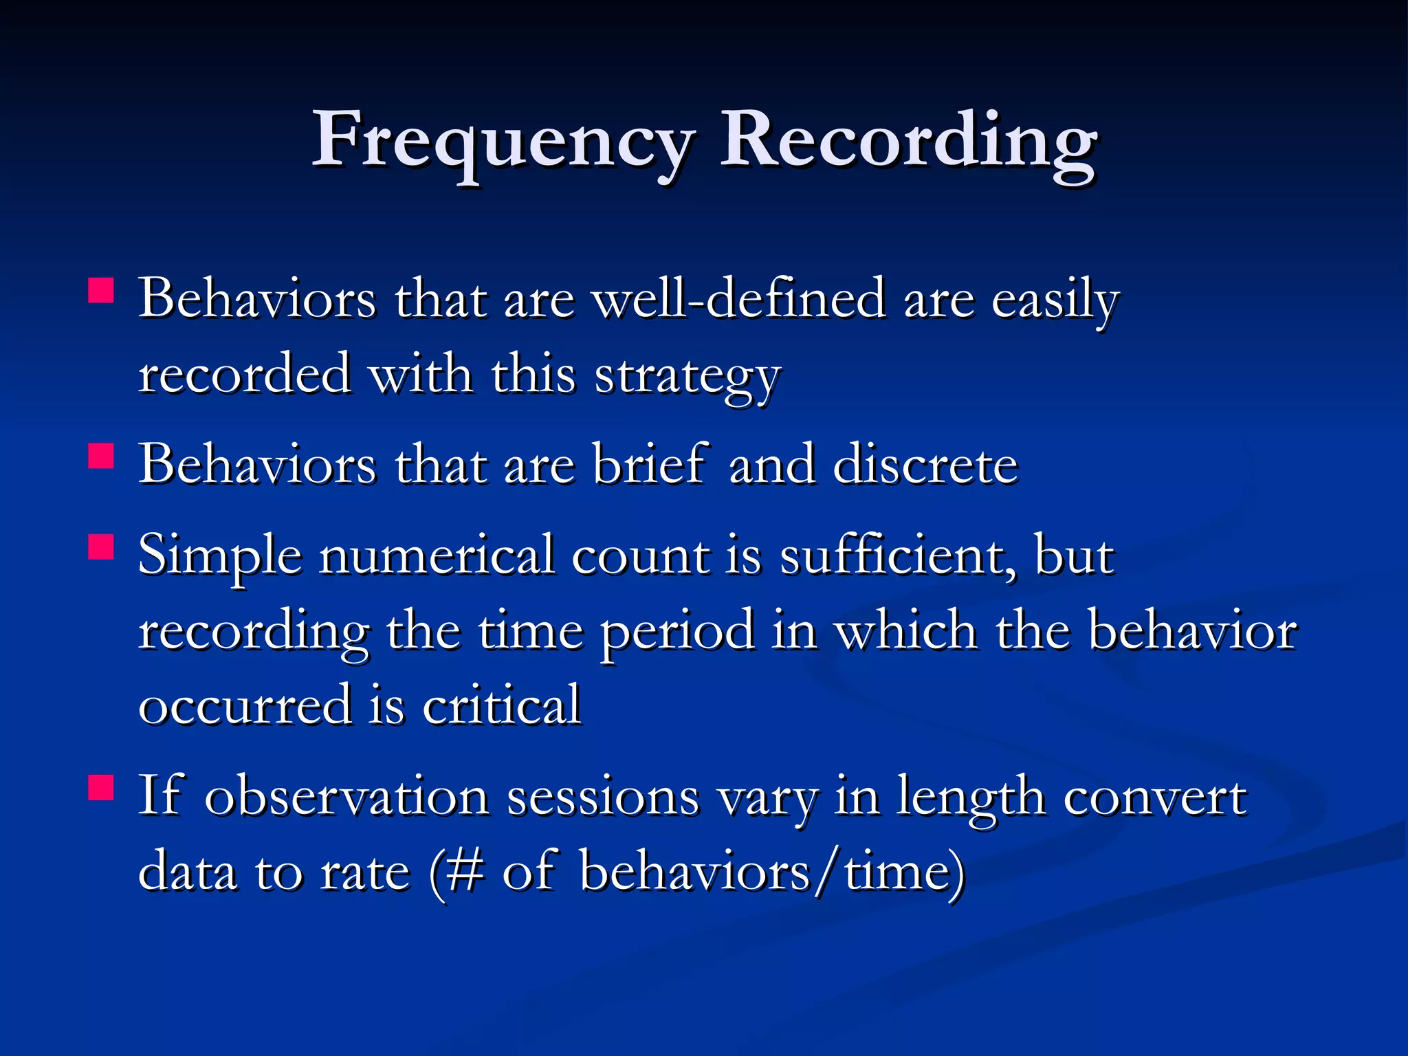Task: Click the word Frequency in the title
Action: point(503,141)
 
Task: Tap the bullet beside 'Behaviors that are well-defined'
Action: point(101,290)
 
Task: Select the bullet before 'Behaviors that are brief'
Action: point(101,455)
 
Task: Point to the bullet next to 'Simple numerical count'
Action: point(101,547)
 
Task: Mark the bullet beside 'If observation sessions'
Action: point(101,787)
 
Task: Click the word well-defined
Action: point(739,300)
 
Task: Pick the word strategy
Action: point(687,377)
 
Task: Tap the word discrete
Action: point(925,465)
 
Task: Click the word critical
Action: point(502,705)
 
